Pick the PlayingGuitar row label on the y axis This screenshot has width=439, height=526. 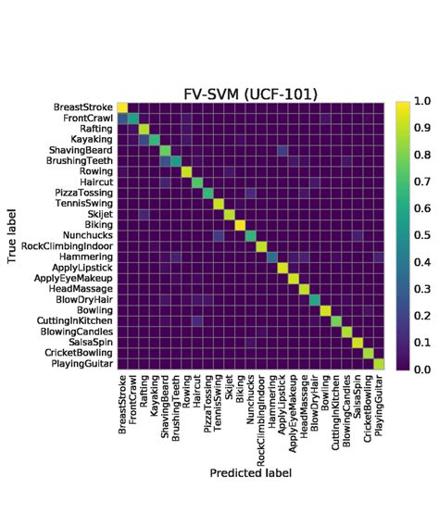coord(78,365)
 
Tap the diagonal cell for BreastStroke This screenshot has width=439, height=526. coord(122,107)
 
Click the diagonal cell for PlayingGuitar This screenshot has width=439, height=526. coord(378,365)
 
